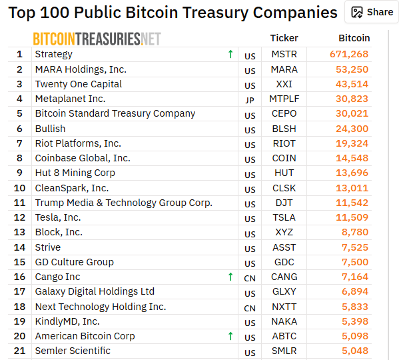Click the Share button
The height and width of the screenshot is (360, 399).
click(372, 12)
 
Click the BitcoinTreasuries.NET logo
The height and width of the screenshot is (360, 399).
click(97, 39)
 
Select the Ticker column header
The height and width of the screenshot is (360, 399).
click(284, 38)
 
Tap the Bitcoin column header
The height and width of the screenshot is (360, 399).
click(354, 38)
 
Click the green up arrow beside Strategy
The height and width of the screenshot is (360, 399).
click(230, 54)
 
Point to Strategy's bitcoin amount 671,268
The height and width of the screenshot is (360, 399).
click(349, 54)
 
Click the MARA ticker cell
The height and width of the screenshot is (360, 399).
click(284, 69)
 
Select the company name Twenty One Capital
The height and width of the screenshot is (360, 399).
click(79, 84)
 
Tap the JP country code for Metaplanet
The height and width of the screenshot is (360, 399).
click(250, 100)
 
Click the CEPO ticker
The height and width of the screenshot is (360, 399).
click(284, 113)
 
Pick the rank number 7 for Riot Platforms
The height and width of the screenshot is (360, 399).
click(19, 143)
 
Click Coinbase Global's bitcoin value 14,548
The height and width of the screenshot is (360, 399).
click(352, 158)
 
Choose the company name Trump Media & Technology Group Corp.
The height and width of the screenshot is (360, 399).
click(124, 203)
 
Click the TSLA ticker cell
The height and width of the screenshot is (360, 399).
click(284, 217)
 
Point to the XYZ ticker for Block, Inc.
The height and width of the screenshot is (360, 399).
click(284, 232)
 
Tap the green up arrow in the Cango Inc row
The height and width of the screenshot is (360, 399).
click(230, 277)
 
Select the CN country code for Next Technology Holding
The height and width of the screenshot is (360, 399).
click(250, 308)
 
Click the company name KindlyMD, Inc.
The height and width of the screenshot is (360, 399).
click(67, 321)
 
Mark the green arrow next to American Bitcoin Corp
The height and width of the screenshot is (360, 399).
click(230, 336)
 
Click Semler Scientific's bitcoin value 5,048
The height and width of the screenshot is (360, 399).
click(355, 351)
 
